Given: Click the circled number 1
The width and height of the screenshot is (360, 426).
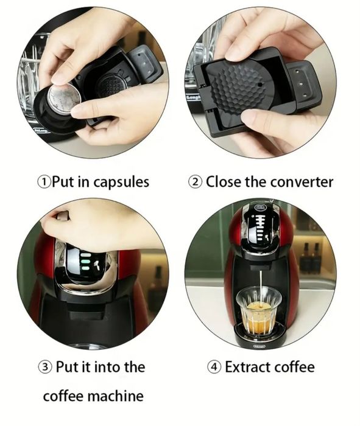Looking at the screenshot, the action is (44, 182).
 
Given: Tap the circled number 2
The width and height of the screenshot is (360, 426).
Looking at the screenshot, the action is (195, 182).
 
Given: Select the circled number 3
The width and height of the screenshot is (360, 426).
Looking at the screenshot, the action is (44, 368).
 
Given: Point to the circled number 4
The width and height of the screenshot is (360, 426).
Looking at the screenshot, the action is (214, 368).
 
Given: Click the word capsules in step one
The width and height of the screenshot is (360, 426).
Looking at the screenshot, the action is (121, 183).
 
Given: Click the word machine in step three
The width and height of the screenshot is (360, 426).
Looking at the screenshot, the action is (116, 396).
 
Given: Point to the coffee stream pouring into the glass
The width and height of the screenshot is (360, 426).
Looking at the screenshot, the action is (260, 288).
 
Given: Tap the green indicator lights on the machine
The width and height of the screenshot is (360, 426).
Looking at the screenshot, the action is (85, 262).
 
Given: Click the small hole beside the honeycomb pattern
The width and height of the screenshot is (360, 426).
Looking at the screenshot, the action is (260, 85).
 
